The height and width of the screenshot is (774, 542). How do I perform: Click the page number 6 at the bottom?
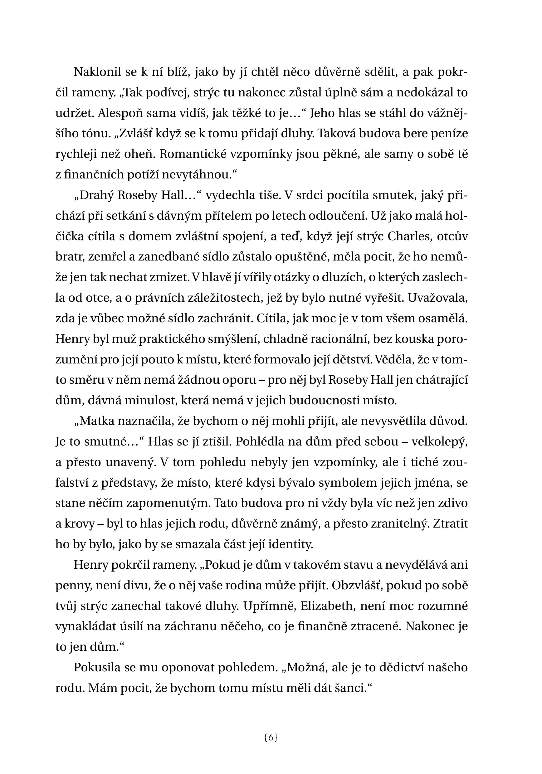pyautogui.click(x=271, y=737)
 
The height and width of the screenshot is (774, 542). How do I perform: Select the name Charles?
pyautogui.click(x=410, y=236)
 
